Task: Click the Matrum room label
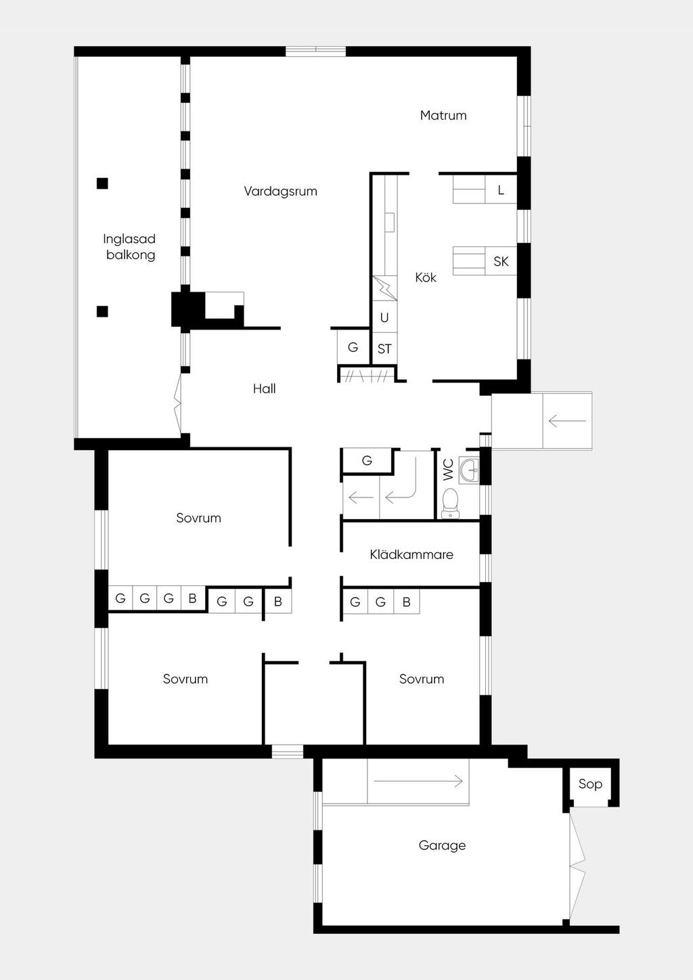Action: [443, 116]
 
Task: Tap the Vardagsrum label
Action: [280, 192]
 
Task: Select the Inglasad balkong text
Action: [129, 247]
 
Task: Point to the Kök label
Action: [426, 277]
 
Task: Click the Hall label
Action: [264, 388]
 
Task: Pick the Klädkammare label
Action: [411, 555]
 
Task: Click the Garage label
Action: [442, 845]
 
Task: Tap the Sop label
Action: [590, 784]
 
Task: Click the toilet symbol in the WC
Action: [450, 504]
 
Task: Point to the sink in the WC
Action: [469, 470]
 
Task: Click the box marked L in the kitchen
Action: [501, 190]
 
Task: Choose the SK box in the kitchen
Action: [501, 261]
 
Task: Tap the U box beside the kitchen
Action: [384, 317]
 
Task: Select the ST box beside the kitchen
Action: [384, 349]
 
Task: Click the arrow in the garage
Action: [418, 781]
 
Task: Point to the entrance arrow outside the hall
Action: [567, 421]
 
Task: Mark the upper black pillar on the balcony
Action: [102, 183]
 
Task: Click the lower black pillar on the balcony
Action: [102, 311]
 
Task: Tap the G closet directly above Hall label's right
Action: [353, 347]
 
